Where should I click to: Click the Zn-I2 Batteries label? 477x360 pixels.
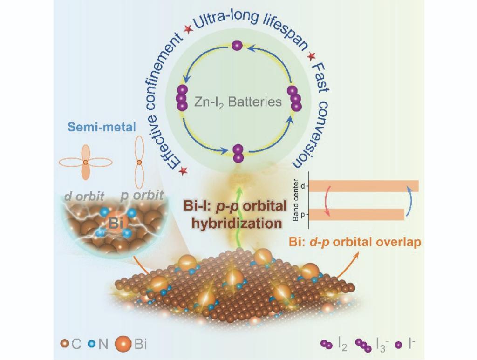tap(238, 102)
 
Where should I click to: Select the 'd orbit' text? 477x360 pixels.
tap(85, 196)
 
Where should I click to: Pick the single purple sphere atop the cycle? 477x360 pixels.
tap(237, 46)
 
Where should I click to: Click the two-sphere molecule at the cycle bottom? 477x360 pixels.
tap(238, 154)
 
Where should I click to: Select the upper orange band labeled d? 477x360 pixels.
tap(364, 186)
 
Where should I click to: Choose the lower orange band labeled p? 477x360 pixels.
tap(356, 214)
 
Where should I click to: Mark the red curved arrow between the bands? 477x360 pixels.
tap(327, 200)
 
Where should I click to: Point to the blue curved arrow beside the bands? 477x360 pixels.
tap(410, 201)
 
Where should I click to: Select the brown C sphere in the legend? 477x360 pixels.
tap(64, 346)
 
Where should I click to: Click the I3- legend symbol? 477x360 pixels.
tap(361, 345)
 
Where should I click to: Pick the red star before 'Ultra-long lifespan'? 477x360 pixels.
tap(188, 30)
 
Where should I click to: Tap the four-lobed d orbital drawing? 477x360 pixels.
tap(86, 162)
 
